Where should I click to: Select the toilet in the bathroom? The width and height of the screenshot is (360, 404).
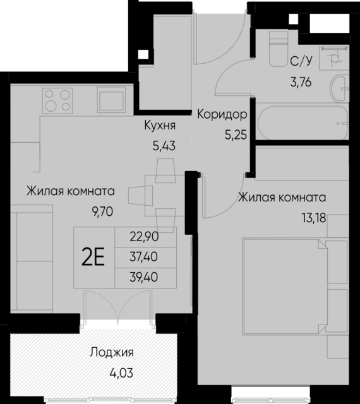coord(277,49)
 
